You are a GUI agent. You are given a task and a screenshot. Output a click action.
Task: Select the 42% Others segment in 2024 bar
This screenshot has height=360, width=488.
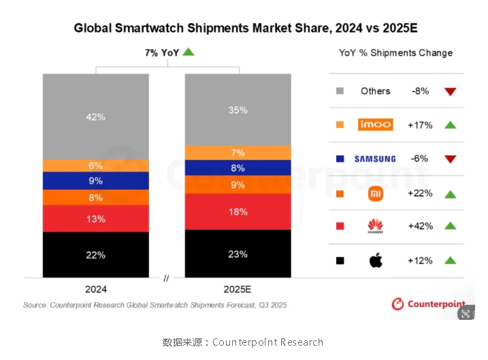coord(96,116)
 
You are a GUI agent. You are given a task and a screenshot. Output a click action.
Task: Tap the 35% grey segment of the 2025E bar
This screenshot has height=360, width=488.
coord(238,110)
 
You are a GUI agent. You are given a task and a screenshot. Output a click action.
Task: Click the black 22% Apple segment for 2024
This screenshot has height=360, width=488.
coord(96,255)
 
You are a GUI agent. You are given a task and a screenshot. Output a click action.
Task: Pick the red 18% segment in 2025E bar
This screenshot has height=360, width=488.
coord(238,212)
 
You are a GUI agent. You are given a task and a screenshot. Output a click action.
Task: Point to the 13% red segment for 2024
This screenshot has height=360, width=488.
coord(96,218)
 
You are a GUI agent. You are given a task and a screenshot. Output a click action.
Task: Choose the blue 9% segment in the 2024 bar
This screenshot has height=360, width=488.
coord(96,180)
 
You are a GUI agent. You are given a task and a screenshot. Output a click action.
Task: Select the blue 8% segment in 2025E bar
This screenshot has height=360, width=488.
coord(238,167)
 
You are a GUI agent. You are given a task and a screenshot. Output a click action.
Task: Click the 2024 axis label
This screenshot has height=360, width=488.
coord(96,289)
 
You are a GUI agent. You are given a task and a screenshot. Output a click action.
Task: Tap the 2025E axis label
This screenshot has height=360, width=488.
coord(238,289)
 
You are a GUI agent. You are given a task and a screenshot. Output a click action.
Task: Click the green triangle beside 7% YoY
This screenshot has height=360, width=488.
coord(189,52)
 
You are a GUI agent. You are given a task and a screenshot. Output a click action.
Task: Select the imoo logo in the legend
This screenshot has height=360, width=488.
coord(376,125)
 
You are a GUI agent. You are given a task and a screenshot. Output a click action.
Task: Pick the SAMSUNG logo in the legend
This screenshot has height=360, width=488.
coord(375,159)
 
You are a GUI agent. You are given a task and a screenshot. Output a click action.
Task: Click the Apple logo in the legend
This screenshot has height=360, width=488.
coord(376,261)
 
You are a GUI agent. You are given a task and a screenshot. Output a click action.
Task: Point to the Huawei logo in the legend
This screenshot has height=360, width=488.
coord(376,227)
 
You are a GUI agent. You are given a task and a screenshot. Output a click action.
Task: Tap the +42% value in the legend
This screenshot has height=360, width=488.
coord(419,227)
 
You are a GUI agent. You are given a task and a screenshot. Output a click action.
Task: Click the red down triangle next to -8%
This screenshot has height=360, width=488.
coord(449,91)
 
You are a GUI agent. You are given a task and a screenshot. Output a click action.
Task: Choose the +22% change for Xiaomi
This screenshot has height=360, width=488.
coord(419,193)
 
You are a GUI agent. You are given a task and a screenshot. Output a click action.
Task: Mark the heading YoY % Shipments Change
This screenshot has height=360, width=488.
coord(395,52)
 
